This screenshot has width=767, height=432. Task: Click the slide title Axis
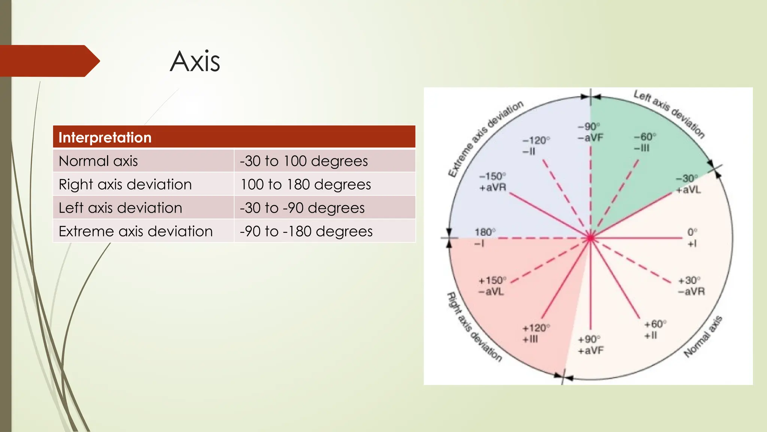click(195, 61)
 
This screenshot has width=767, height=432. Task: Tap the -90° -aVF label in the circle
click(590, 132)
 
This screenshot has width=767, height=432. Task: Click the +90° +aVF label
click(590, 345)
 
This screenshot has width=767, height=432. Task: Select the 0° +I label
click(692, 238)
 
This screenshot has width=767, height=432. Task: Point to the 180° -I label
click(484, 238)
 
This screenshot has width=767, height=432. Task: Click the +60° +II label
click(655, 329)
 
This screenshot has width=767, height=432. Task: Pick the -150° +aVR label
click(492, 181)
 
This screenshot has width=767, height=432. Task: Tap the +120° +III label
click(536, 333)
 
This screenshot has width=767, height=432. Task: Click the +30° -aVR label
click(691, 286)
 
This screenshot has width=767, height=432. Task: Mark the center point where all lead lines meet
click(591, 238)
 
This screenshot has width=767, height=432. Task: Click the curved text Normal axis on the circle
click(703, 337)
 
